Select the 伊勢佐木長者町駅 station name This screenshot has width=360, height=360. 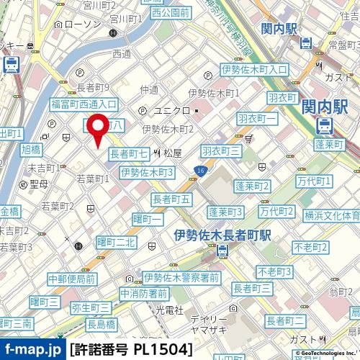(x=222, y=235)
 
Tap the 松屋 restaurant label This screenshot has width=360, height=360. (x=171, y=153)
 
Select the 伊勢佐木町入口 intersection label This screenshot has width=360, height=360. (x=253, y=70)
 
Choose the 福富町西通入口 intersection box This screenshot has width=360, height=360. (x=84, y=104)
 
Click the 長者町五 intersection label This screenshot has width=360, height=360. (x=171, y=198)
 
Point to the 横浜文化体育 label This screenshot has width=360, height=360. (x=332, y=215)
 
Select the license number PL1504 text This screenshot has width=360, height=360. (x=131, y=350)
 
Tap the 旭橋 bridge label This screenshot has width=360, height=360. (x=31, y=150)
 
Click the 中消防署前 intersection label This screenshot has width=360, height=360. (x=144, y=293)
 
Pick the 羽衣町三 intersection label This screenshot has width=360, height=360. (x=220, y=150)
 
